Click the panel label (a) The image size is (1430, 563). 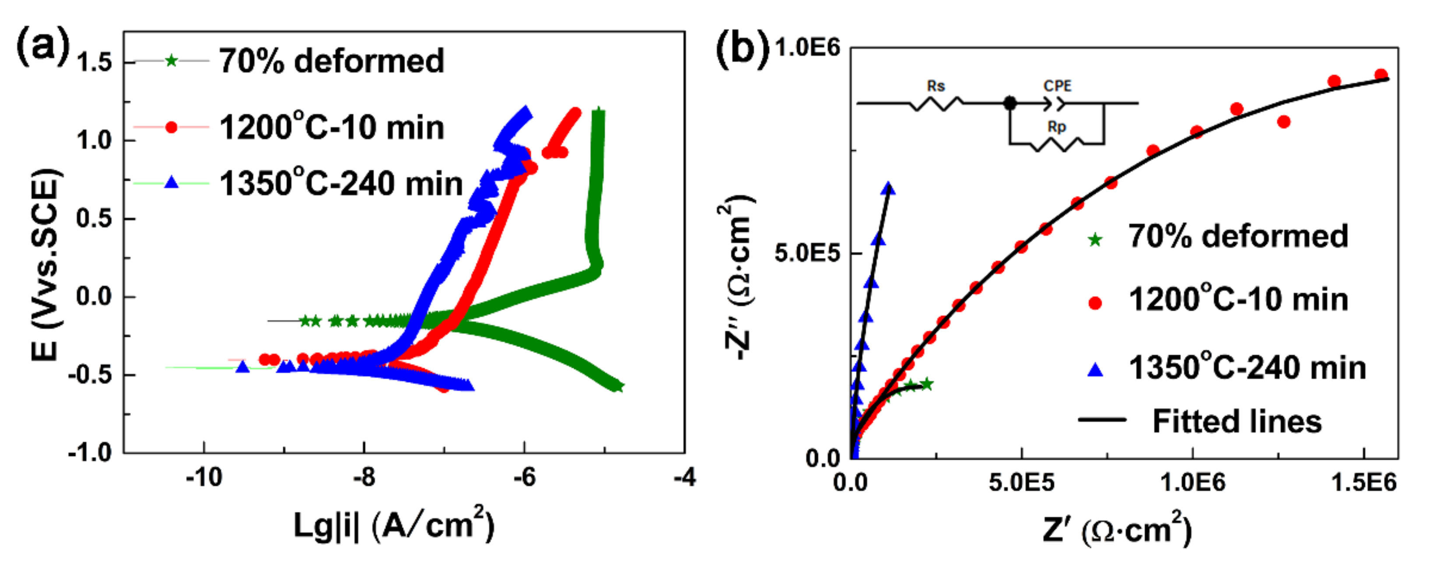[43, 47]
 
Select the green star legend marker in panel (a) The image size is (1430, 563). [172, 60]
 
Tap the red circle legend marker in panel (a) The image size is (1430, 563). [172, 127]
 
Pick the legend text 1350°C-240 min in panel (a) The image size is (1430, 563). [341, 184]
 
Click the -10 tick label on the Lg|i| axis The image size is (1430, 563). [204, 477]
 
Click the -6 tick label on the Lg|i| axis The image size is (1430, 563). [524, 477]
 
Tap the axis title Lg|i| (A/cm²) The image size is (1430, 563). [393, 524]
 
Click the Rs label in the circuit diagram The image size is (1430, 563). [936, 86]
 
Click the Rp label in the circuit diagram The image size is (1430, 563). [1056, 127]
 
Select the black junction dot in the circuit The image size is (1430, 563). [1010, 103]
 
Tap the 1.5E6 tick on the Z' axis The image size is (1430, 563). [1363, 483]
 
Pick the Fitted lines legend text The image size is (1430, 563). [1237, 421]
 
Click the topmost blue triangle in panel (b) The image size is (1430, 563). [888, 188]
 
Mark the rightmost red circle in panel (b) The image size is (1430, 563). [1381, 75]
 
